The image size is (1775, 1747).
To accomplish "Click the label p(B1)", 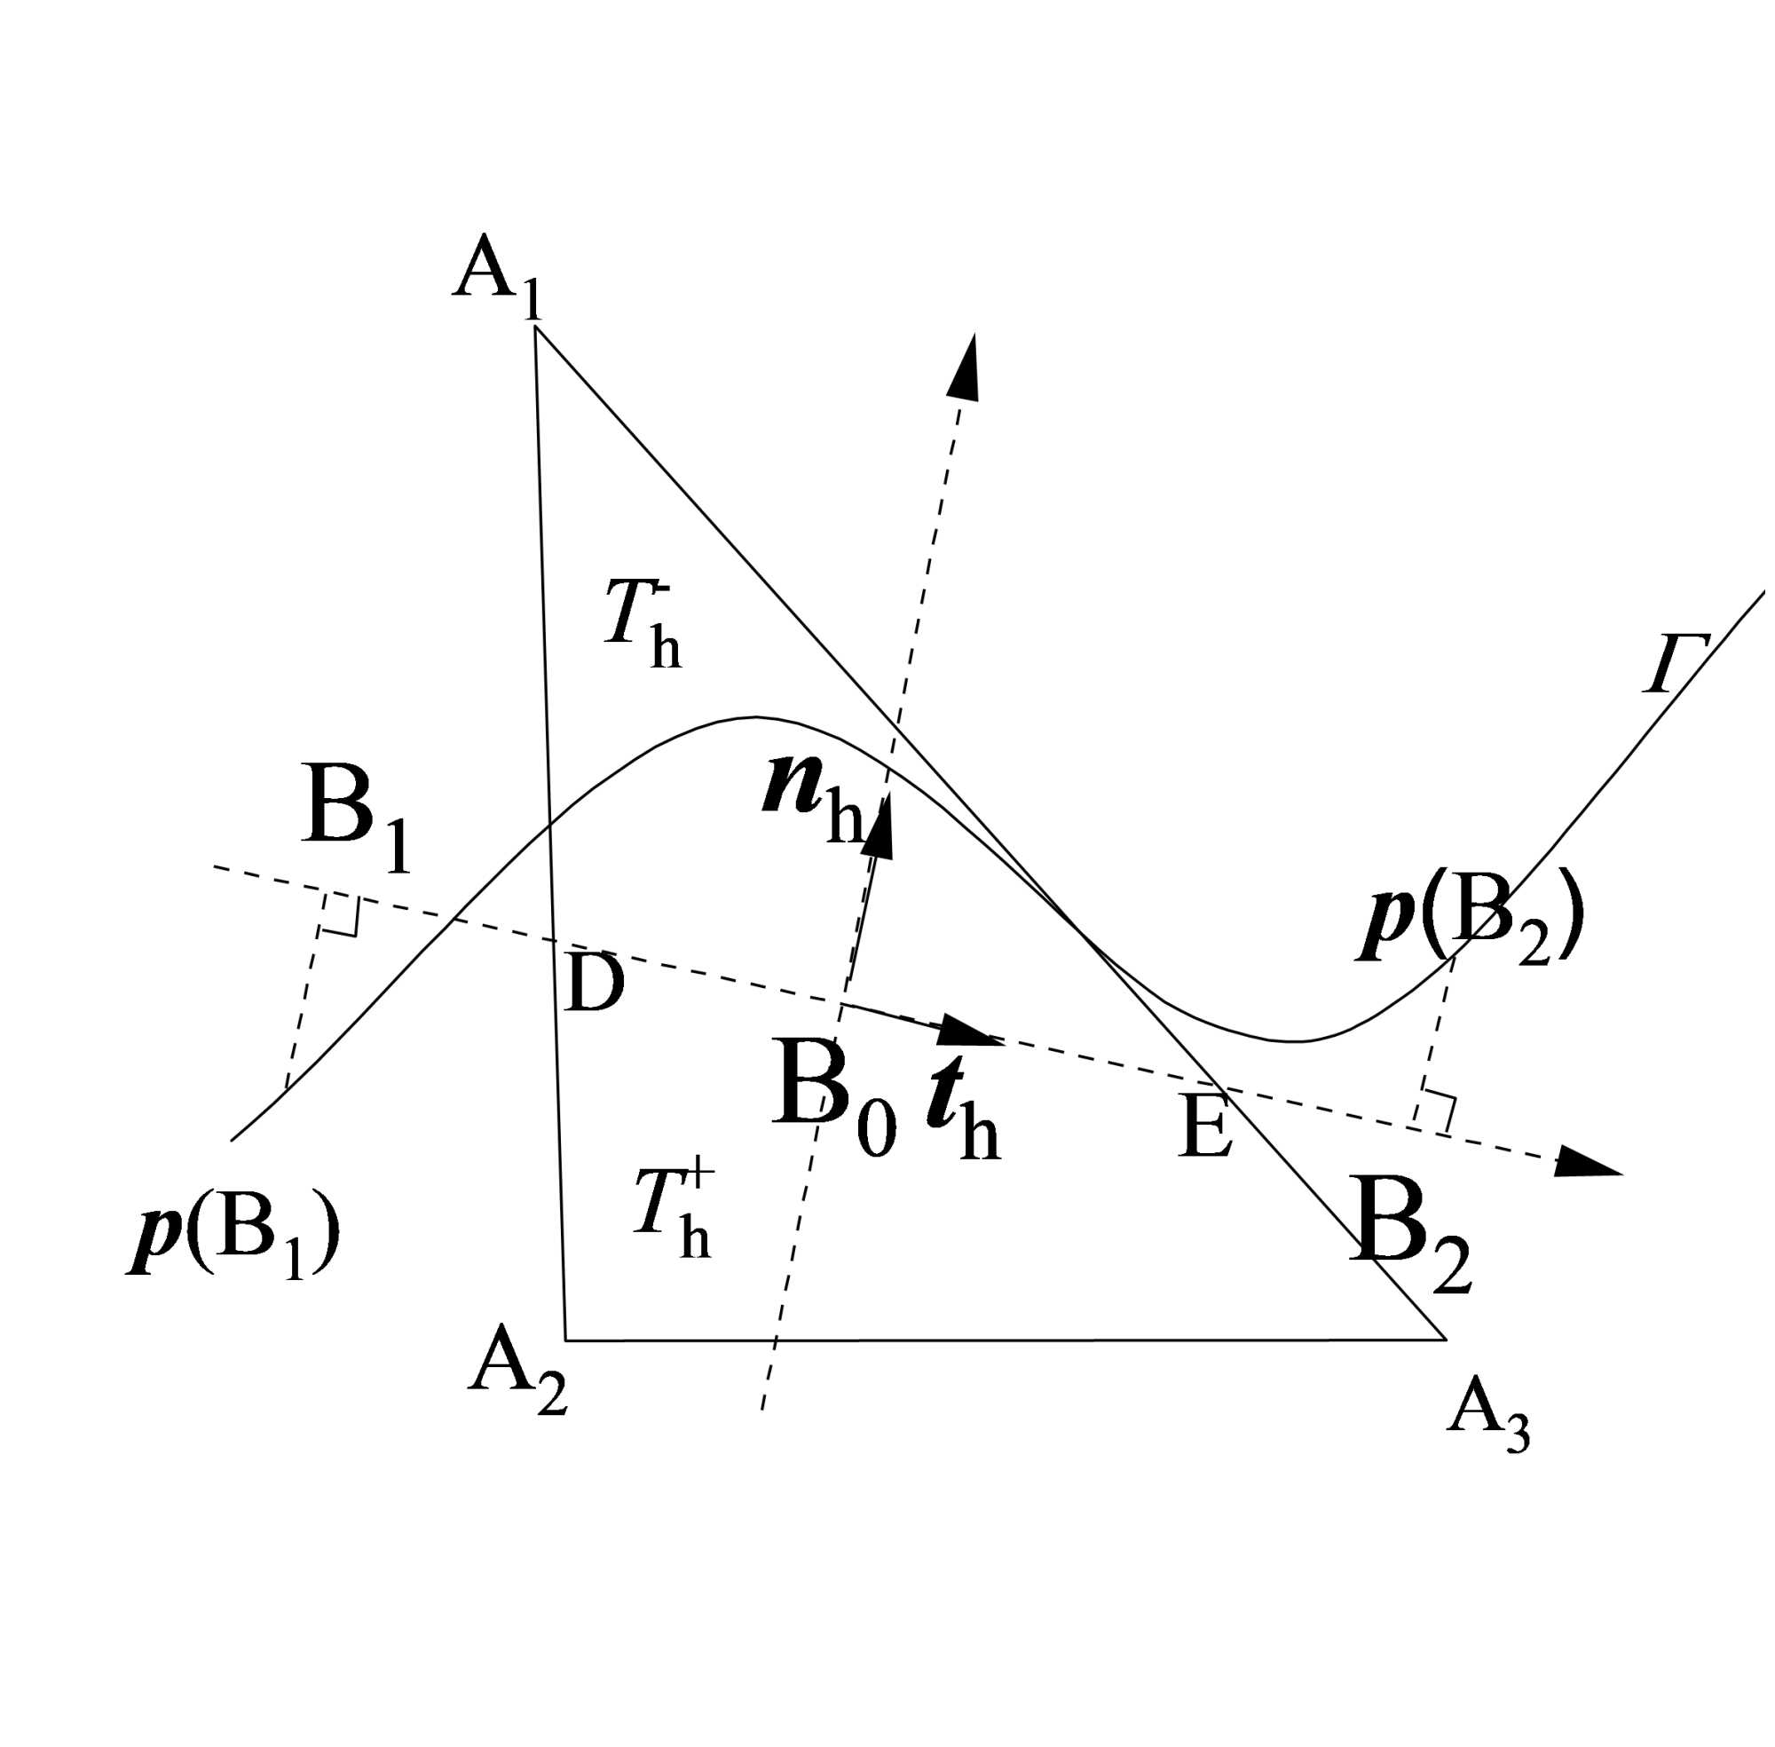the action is (x=234, y=1234).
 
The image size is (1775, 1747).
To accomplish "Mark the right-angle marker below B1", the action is (x=339, y=916).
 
